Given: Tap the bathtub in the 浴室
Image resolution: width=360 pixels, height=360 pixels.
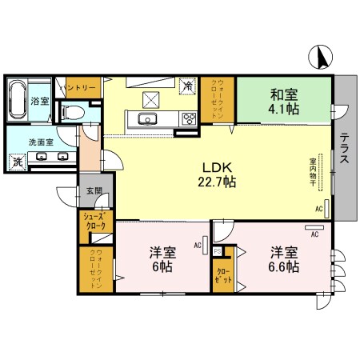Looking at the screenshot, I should [x=18, y=100].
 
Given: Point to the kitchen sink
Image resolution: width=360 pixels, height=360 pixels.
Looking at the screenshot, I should [x=148, y=120].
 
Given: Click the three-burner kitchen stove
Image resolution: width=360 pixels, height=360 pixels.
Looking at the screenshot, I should [x=190, y=120].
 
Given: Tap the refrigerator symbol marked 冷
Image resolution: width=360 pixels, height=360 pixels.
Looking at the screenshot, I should [x=187, y=85].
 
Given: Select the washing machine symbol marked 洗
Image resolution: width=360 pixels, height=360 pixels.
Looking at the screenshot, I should [x=18, y=162].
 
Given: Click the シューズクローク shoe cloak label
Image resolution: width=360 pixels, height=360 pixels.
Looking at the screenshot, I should [x=95, y=222].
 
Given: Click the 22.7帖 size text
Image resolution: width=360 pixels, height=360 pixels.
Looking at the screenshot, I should [x=218, y=182].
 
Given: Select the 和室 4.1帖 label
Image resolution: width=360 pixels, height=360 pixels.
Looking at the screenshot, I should [x=283, y=102].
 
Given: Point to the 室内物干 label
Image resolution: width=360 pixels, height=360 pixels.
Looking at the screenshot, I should [x=313, y=170].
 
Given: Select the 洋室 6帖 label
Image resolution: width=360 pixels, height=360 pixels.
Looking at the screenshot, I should [x=162, y=259].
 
